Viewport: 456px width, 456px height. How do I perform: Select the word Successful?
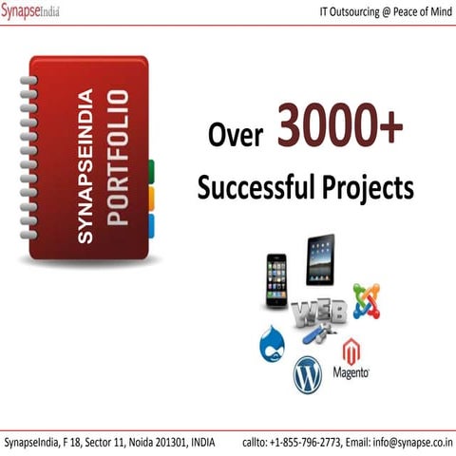coord(256,187)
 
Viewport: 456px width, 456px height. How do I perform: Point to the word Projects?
coord(367,187)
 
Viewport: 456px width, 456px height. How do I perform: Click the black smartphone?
coord(276,279)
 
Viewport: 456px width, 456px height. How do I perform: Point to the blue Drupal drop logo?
coord(274,345)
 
